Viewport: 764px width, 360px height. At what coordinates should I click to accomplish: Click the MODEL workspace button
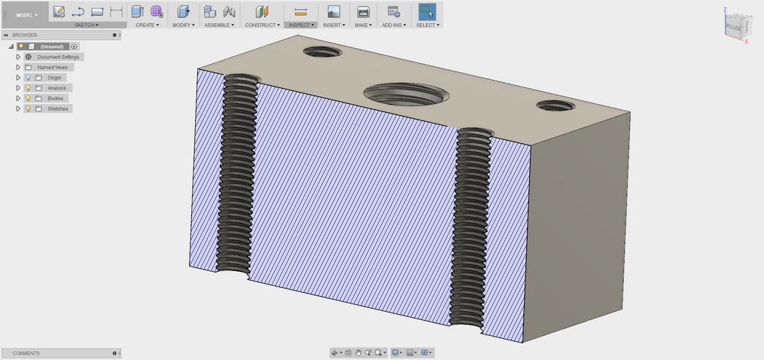point(25,14)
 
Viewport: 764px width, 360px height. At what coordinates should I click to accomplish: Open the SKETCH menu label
point(86,25)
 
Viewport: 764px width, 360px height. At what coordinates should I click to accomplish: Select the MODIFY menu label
point(183,25)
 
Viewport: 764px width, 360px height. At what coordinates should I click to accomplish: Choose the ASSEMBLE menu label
point(220,25)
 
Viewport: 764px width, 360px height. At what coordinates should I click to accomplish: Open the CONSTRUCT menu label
point(262,25)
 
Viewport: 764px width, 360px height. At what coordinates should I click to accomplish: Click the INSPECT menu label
point(300,25)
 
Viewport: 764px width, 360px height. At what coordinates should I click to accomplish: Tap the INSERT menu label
point(333,25)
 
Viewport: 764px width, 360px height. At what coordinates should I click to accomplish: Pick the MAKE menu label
point(364,25)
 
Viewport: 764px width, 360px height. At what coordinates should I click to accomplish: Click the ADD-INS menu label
point(393,25)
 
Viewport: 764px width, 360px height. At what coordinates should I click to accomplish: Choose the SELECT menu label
point(427,25)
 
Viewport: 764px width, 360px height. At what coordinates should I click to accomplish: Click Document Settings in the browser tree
point(58,56)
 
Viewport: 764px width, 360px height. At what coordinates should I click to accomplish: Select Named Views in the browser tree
point(52,67)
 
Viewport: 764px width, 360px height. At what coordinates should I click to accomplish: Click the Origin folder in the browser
point(54,78)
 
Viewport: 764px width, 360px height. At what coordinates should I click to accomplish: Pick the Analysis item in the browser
point(56,88)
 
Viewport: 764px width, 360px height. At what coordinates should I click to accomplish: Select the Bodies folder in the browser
point(56,99)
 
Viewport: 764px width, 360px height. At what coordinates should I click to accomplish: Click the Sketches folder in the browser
point(57,109)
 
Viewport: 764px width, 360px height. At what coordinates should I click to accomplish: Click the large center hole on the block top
point(406,94)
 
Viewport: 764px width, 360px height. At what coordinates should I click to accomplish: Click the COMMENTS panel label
point(26,353)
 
